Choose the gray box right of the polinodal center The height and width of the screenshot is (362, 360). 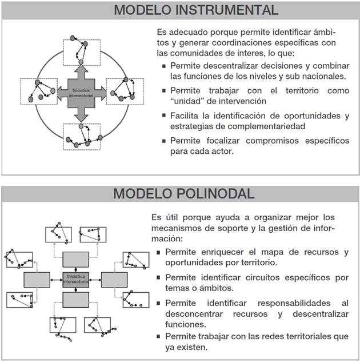(x=114, y=280)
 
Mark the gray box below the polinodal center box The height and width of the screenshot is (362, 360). (x=75, y=300)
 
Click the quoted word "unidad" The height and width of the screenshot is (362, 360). (x=184, y=101)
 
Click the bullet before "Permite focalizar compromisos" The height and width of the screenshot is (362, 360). (x=165, y=141)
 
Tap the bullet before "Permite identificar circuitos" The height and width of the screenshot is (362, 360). (x=159, y=278)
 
